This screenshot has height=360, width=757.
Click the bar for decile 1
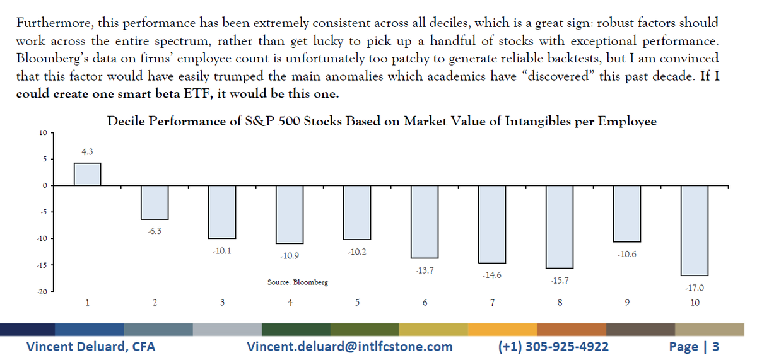(87, 174)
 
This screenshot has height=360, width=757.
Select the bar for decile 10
(695, 231)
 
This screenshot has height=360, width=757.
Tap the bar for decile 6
(425, 222)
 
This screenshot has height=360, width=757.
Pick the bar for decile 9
(627, 214)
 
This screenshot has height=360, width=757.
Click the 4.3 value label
(88, 152)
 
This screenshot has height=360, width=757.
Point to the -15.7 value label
(559, 281)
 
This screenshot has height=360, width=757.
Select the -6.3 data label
(155, 231)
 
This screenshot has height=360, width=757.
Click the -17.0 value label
(694, 288)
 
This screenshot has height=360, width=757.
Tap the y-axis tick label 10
(42, 133)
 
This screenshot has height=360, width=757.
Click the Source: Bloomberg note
(298, 283)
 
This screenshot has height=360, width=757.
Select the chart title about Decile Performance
(382, 122)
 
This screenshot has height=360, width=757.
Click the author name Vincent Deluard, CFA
(90, 346)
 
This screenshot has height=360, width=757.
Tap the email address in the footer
(349, 346)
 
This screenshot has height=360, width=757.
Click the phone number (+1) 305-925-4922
(553, 346)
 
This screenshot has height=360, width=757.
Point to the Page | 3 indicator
(693, 346)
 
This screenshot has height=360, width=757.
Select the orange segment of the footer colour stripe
(502, 330)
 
